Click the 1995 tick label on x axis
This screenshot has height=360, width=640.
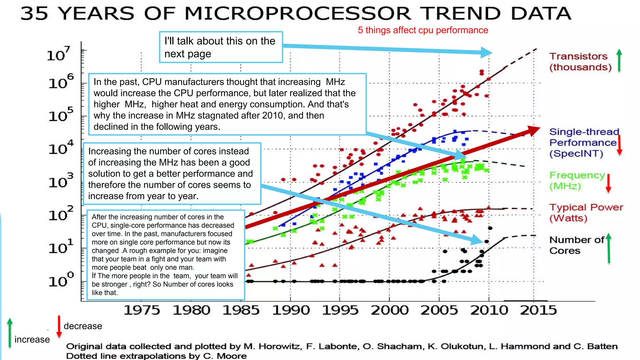click(340, 310)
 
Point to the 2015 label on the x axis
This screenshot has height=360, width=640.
click(538, 310)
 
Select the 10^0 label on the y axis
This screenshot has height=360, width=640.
click(61, 280)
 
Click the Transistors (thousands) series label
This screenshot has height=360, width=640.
click(580, 62)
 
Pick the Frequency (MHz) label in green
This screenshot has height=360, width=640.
click(577, 181)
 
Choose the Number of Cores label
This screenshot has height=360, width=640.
click(576, 245)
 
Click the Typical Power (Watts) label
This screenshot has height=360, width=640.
click(586, 212)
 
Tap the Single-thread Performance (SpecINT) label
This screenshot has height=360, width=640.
click(583, 142)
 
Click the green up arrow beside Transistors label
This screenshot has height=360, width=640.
click(619, 60)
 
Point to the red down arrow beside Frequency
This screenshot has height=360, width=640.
click(608, 183)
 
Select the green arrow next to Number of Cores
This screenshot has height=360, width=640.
click(608, 248)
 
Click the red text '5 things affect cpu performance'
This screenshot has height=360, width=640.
click(423, 30)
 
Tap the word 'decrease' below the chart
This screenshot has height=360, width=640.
click(83, 326)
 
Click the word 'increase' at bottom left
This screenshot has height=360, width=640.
click(32, 339)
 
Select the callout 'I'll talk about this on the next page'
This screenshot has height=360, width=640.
click(221, 47)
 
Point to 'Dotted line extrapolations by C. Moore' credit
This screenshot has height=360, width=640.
click(156, 356)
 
